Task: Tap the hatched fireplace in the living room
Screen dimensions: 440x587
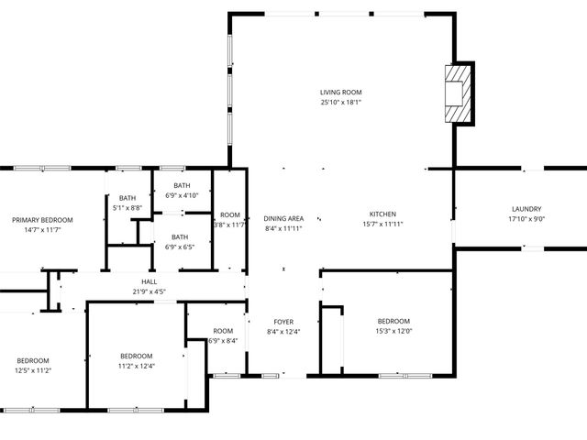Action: (458, 93)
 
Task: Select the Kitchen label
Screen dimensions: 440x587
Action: (382, 214)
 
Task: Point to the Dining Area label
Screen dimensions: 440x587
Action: (283, 218)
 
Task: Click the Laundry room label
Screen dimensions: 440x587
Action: (526, 209)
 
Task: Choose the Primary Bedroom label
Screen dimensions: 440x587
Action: (42, 220)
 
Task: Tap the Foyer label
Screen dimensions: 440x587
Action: (283, 322)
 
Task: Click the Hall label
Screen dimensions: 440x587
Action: (150, 282)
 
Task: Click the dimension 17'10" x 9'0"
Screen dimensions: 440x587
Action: (526, 219)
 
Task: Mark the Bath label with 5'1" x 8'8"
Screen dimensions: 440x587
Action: (127, 198)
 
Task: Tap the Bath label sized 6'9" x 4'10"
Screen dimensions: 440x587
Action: (182, 186)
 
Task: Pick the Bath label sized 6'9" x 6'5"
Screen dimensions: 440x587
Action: (179, 237)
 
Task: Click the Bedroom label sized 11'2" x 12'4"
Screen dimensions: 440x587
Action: (136, 356)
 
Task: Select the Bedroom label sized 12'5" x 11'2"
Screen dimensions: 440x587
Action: (32, 360)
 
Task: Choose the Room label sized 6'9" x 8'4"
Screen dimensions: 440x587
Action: (223, 331)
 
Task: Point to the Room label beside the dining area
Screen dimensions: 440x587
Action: (229, 214)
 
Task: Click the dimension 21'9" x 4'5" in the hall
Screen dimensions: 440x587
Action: (150, 292)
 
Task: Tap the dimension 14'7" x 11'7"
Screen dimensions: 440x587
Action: (42, 230)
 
